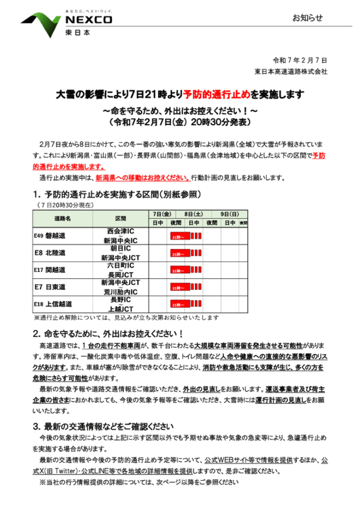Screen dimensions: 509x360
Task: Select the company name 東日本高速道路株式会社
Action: (290, 72)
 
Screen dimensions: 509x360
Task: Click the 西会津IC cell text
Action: (120, 232)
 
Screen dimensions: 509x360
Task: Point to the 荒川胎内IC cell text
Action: (120, 291)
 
